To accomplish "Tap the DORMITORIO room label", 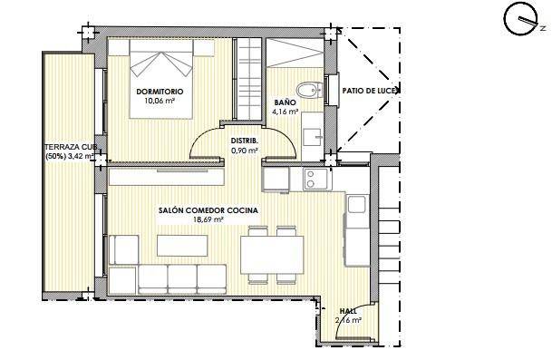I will [x=160, y=92].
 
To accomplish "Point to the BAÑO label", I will [x=284, y=104].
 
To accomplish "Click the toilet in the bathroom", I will [x=310, y=89].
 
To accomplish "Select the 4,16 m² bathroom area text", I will [x=286, y=113].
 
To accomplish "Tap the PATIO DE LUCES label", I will [x=371, y=91].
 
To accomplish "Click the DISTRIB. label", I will [x=245, y=141].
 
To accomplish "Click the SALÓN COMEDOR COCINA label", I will [x=208, y=210].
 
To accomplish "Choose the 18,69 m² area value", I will [x=208, y=219].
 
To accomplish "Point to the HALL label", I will [x=347, y=311].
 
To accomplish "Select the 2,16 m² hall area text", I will [x=347, y=320].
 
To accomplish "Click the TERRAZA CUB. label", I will [x=71, y=146].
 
